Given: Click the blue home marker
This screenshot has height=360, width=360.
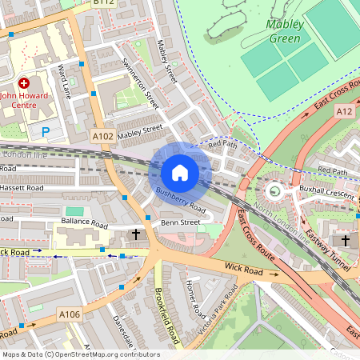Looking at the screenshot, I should tap(180, 173).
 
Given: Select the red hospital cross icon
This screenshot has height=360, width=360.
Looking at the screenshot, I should tap(24, 82).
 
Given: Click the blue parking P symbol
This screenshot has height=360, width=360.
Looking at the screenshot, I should tap(45, 130).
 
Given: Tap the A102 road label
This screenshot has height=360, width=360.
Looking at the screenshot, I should tap(102, 137).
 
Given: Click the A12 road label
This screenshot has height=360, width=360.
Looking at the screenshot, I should tap(345, 110).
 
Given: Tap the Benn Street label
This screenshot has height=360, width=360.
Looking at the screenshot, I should tap(180, 222).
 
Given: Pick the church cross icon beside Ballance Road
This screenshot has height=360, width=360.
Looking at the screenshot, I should tap(136, 234).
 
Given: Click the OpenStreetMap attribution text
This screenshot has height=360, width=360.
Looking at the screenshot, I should tap(81, 354).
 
